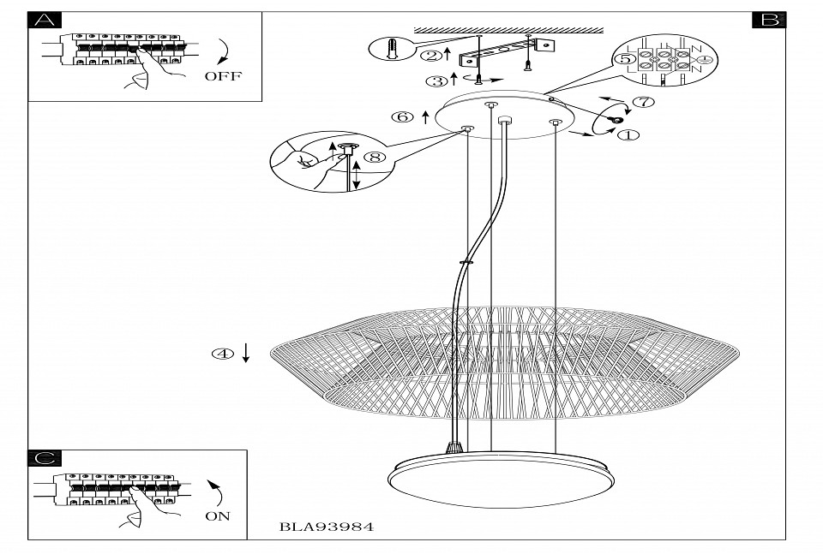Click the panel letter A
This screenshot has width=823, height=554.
click(45, 20)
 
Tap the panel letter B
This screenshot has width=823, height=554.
click(770, 20)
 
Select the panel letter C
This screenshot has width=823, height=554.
click(45, 457)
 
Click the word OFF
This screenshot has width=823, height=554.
click(223, 76)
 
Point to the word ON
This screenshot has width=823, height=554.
click(218, 516)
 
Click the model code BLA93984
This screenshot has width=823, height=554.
click(327, 527)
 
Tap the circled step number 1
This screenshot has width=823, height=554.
click(628, 135)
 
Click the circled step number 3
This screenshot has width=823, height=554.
click(436, 81)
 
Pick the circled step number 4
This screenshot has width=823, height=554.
click(223, 354)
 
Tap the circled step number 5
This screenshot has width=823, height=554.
click(624, 59)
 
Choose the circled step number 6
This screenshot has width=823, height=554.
click(402, 117)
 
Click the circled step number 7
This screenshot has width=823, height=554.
click(644, 102)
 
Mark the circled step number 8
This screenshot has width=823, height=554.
click(375, 157)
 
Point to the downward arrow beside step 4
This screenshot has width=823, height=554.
click(246, 353)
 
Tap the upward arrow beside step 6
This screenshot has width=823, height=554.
click(426, 117)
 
